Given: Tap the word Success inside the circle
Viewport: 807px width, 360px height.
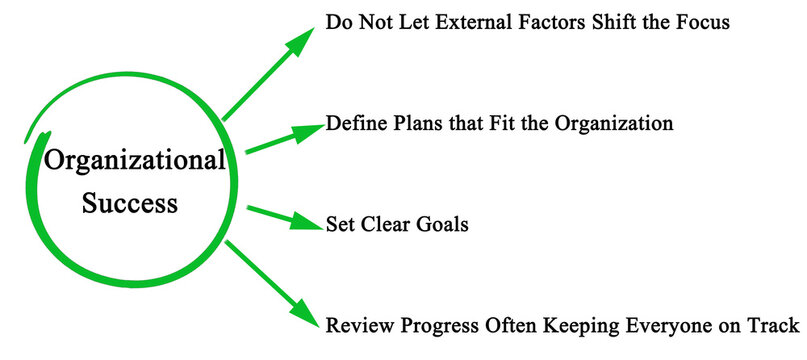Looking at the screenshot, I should (130, 203).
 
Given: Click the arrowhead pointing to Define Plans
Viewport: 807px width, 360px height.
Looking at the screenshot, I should (311, 131).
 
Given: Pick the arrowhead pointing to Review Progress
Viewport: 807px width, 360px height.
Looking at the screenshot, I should (308, 319).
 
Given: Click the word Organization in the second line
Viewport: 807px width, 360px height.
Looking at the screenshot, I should (608, 126).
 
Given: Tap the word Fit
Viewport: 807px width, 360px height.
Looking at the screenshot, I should (497, 126).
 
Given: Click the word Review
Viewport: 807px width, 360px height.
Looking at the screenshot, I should (358, 326).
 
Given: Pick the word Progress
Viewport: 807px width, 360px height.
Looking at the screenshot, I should (437, 327).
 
